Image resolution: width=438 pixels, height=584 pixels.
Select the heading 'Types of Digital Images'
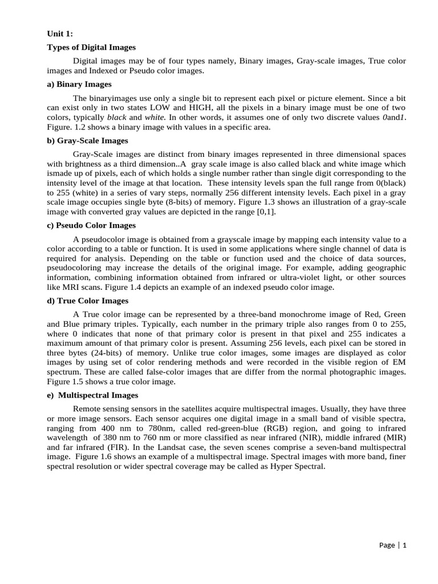pyautogui.click(x=91, y=47)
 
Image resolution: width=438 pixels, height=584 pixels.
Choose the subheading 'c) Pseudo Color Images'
pyautogui.click(x=91, y=225)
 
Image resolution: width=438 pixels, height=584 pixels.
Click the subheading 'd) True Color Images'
pyautogui.click(x=87, y=301)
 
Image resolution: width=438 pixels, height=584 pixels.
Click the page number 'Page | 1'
pyautogui.click(x=393, y=545)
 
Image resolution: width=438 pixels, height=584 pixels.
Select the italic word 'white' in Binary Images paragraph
pyautogui.click(x=155, y=116)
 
